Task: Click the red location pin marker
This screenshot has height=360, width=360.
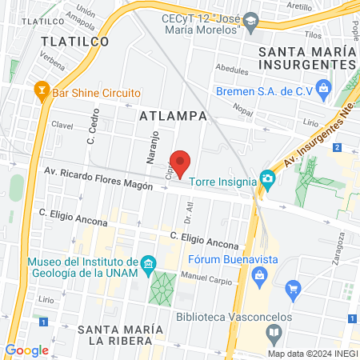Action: pos(181,162)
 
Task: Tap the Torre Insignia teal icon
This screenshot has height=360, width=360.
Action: pos(268,182)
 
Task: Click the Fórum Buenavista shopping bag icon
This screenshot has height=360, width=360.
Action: pos(258,276)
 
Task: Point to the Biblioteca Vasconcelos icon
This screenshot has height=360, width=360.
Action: pos(274,332)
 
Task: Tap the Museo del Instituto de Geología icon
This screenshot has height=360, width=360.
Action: pos(147,263)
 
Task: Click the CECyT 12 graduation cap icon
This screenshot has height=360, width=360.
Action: pos(251,20)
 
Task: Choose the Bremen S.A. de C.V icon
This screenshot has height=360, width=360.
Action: pos(324,86)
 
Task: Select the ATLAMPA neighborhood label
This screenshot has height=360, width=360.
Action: pos(173,116)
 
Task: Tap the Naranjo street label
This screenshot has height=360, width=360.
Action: pos(149,147)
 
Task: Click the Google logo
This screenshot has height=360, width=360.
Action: pos(26,350)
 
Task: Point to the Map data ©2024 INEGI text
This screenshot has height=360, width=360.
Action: pos(311,353)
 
